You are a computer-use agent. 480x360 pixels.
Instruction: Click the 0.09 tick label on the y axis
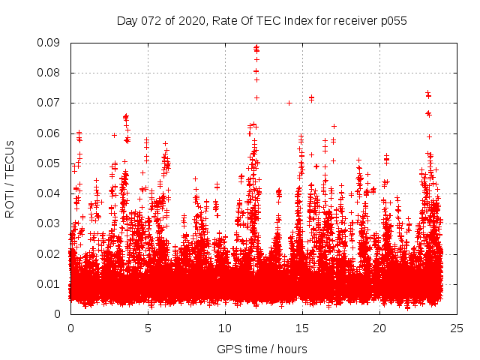(52, 43)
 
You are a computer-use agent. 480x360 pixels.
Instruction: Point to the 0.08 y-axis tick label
(52, 73)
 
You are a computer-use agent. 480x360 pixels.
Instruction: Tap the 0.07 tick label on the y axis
(52, 103)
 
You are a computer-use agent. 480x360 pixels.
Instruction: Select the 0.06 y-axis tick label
(52, 133)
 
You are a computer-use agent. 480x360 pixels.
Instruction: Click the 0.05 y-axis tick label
(52, 163)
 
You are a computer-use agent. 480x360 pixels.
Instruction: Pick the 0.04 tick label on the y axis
(52, 193)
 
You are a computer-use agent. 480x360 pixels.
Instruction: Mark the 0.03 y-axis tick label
(52, 223)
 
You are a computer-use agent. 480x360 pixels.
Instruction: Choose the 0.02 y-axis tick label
(52, 253)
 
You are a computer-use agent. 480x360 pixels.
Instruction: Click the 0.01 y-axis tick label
(52, 283)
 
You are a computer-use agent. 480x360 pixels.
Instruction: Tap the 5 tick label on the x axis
(148, 328)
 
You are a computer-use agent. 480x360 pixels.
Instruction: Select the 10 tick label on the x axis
(225, 328)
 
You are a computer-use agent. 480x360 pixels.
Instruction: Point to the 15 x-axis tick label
(302, 328)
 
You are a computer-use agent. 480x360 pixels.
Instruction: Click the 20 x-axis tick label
(379, 328)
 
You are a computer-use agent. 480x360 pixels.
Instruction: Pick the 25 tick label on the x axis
(457, 328)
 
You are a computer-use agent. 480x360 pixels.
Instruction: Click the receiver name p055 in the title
(392, 20)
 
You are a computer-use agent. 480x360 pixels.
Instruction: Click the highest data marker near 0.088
(256, 47)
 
